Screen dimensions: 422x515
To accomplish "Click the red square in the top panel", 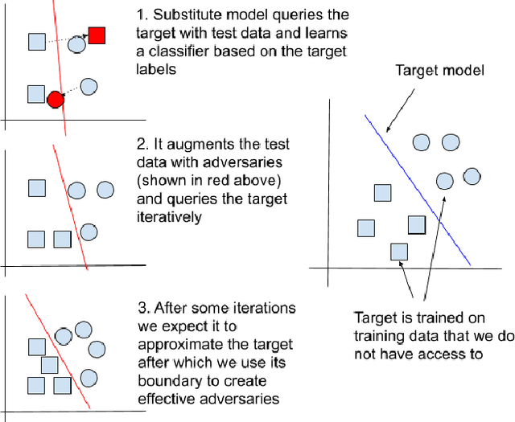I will pyautogui.click(x=97, y=35).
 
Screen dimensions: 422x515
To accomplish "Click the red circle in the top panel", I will pyautogui.click(x=55, y=100).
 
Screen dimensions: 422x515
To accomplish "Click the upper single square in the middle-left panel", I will pyautogui.click(x=36, y=188).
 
